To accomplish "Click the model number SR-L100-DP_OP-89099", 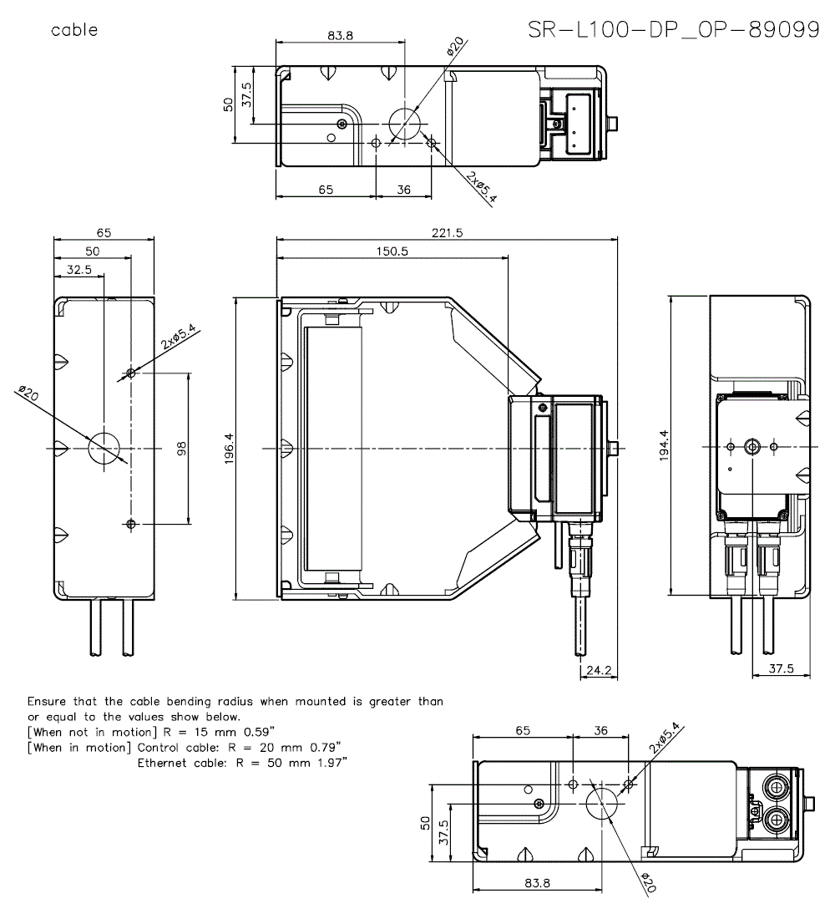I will click(x=673, y=30).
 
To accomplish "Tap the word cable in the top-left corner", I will click(x=74, y=31).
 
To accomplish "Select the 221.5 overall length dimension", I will click(x=447, y=233).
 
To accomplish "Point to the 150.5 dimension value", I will click(x=392, y=252).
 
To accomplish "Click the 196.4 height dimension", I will click(x=229, y=449).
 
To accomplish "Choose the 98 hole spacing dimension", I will click(x=181, y=448).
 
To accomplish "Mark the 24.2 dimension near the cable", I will click(x=599, y=669).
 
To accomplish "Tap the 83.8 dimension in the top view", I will click(x=340, y=35).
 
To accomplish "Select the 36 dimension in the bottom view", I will click(x=601, y=730).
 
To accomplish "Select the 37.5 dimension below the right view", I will click(x=780, y=669).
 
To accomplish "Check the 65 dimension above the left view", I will click(x=104, y=232).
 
